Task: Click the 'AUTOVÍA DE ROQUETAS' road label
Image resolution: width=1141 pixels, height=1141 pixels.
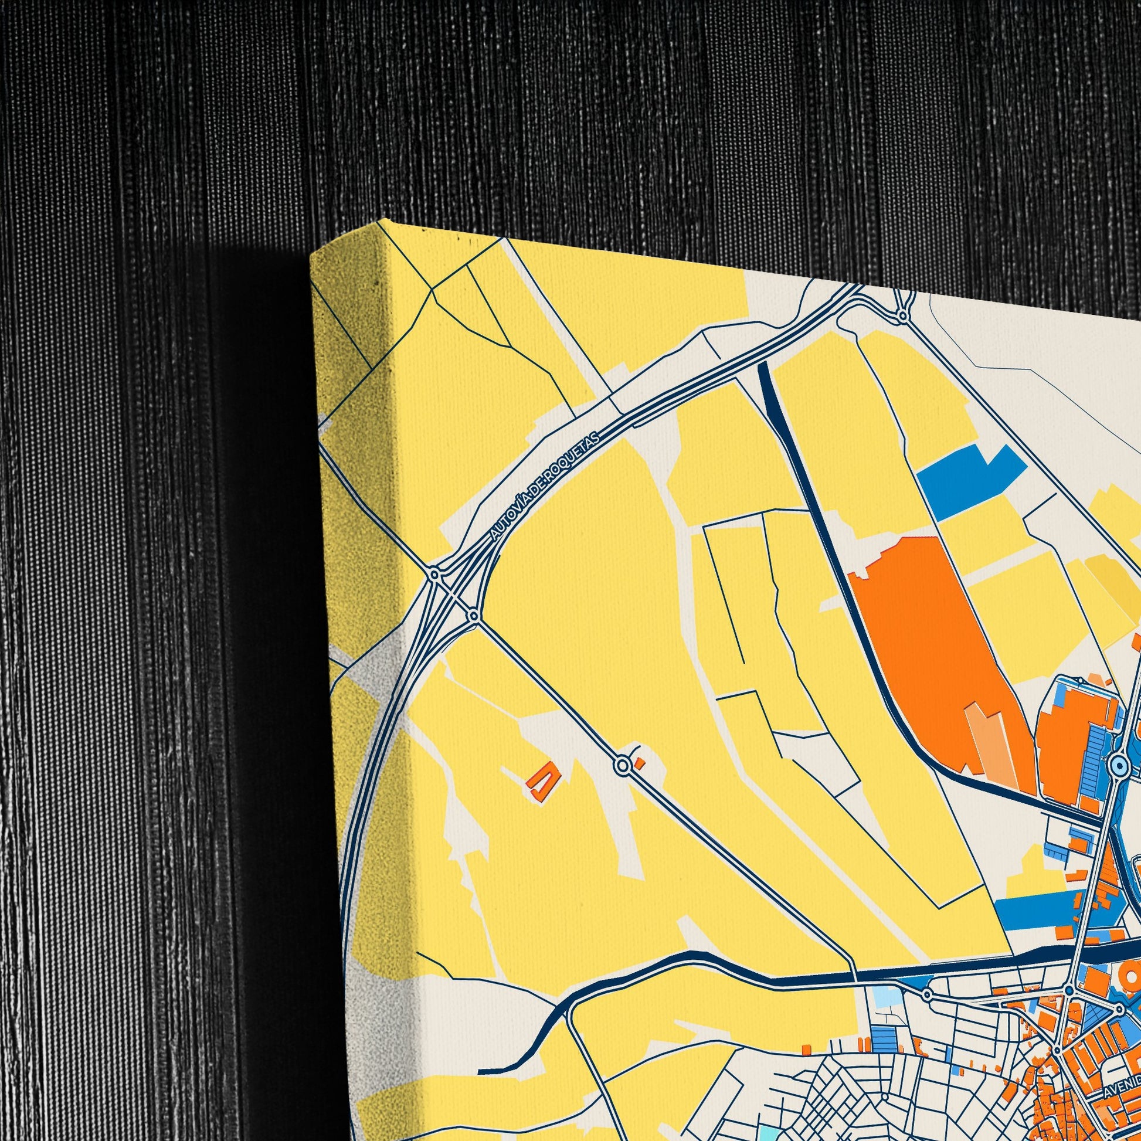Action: [x=545, y=485]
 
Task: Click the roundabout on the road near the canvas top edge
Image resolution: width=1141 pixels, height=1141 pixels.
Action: [x=902, y=317]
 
